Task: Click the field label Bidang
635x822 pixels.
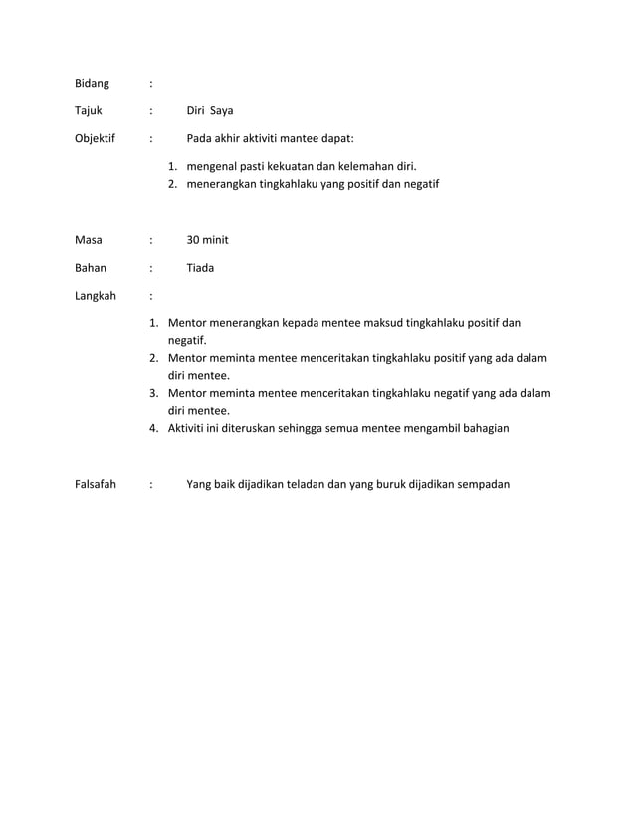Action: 93,83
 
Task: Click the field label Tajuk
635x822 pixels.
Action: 89,110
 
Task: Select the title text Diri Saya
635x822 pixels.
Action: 210,110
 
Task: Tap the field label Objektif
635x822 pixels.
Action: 96,138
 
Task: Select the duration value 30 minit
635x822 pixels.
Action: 208,240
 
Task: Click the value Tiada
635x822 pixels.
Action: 201,268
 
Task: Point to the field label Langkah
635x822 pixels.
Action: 96,296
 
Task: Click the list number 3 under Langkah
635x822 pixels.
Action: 154,393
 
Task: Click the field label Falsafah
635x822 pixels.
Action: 96,485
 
